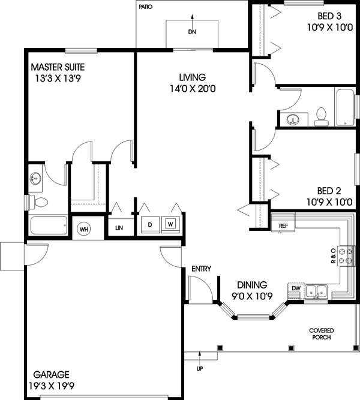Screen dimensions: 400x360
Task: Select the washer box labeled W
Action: pos(171,225)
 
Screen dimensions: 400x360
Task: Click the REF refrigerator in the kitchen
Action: pos(283,225)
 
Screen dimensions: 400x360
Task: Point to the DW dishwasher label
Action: pos(295,288)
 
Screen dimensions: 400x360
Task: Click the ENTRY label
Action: pos(201,269)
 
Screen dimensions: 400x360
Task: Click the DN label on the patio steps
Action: pos(192,32)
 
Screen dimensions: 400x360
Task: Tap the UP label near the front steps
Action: pos(200,368)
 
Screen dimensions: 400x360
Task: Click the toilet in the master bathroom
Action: pos(40,202)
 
